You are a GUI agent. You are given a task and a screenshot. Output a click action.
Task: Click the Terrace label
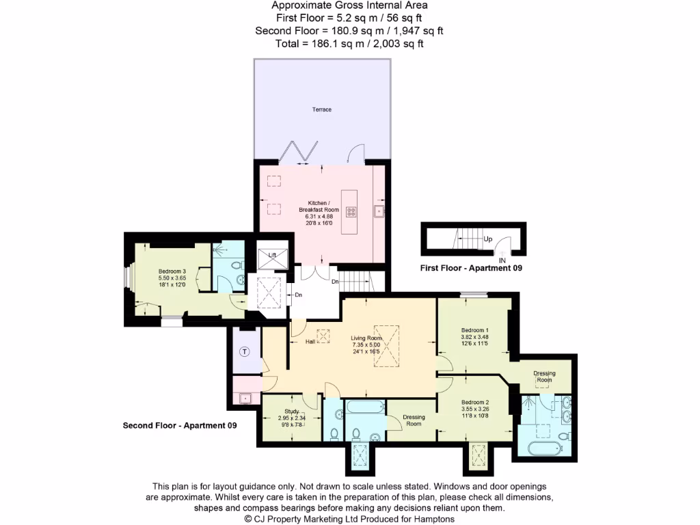click(322, 109)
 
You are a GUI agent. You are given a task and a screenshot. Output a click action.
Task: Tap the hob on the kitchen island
click(352, 211)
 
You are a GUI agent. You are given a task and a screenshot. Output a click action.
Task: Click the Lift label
click(271, 255)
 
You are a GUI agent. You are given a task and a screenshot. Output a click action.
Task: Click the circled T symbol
click(245, 352)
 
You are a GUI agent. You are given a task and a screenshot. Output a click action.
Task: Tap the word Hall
click(310, 341)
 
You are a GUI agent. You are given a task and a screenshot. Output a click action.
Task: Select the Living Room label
click(366, 338)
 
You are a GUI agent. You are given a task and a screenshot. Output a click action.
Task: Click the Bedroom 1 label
click(474, 331)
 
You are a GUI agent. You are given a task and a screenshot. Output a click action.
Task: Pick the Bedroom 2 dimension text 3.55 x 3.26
click(475, 409)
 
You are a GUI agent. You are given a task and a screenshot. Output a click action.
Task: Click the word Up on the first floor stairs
click(487, 240)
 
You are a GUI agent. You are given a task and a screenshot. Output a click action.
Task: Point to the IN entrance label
click(502, 260)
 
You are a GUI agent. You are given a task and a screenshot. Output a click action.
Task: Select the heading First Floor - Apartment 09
click(471, 269)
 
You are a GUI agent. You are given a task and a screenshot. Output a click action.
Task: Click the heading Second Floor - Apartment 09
click(180, 425)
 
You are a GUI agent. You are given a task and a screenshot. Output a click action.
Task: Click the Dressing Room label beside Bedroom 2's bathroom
click(414, 420)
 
